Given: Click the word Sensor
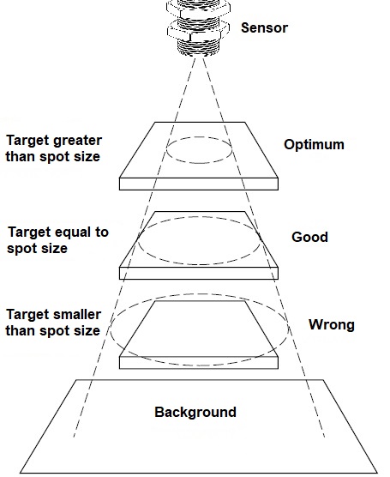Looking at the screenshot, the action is coord(264,27).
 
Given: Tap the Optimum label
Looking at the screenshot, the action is coord(314,144).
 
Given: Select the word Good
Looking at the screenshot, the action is coord(309,237).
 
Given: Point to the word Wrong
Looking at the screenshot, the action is coord(332,324).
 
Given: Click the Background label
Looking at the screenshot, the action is coord(195,412).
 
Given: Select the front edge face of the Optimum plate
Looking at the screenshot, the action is coord(199,184).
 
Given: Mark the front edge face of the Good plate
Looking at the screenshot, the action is coord(199,273).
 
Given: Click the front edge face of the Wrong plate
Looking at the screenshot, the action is coord(199,363).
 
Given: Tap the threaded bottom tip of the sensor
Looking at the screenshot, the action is coord(198,48).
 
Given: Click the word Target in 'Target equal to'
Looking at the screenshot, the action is coord(28,232).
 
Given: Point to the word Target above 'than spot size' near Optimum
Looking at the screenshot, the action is coord(27,141).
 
